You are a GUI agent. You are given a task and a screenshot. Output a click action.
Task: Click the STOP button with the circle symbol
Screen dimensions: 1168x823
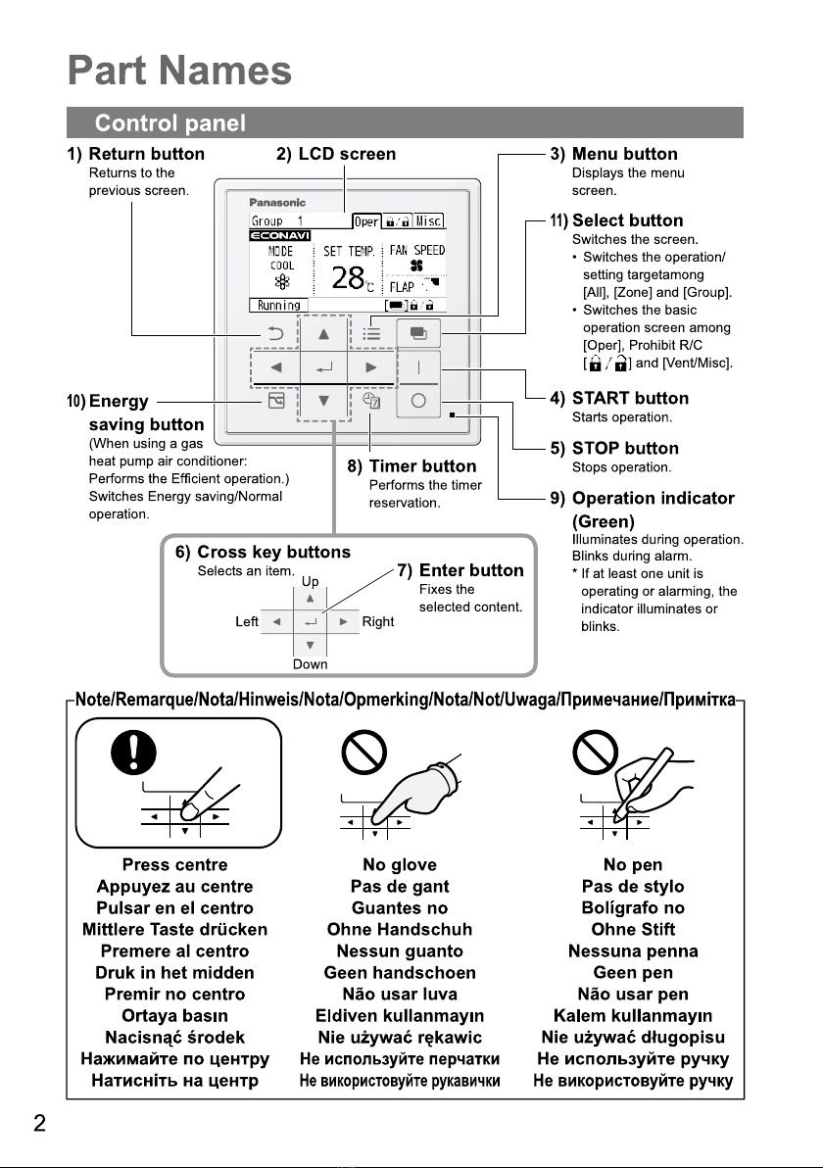tap(418, 401)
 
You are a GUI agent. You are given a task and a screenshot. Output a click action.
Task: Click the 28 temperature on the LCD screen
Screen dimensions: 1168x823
tap(349, 279)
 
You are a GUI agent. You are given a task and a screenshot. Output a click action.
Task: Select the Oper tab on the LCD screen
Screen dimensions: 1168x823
tap(364, 219)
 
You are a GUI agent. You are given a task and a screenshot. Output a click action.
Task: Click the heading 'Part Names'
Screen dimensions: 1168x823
tap(180, 72)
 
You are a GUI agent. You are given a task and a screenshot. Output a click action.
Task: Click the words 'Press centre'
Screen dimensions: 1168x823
tap(174, 864)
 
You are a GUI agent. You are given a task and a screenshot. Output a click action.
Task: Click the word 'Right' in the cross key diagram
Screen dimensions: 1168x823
tap(378, 621)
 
